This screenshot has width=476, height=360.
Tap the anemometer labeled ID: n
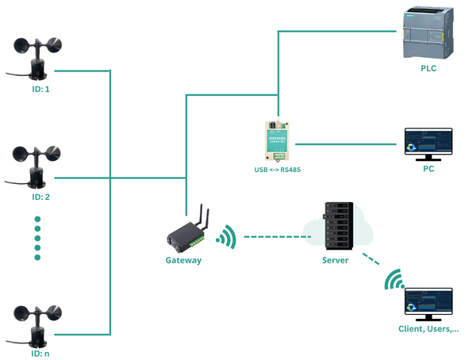pyautogui.click(x=37, y=325)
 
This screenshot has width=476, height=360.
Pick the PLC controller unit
pyautogui.click(x=427, y=33)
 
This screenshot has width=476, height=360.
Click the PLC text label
pyautogui.click(x=428, y=69)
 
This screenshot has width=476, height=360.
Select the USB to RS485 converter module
pyautogui.click(x=278, y=140)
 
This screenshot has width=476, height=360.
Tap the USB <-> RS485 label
pyautogui.click(x=278, y=170)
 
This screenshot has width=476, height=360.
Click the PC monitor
pyautogui.click(x=428, y=143)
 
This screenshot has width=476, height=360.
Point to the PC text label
pyautogui.click(x=428, y=169)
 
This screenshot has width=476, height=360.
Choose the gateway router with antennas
pyautogui.click(x=188, y=230)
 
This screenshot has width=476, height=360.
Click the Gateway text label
pyautogui.click(x=183, y=260)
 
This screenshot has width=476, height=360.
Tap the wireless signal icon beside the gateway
pyautogui.click(x=227, y=236)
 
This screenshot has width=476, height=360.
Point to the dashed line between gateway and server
pyautogui.click(x=274, y=236)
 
